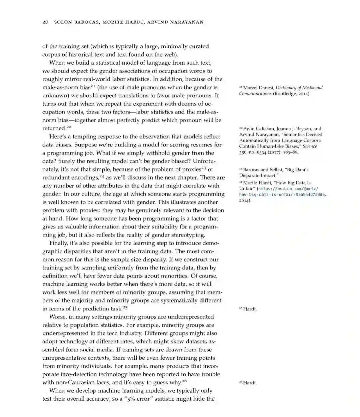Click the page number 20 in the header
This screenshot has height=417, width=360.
pyautogui.click(x=45, y=22)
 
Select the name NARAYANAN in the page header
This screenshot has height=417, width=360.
pyautogui.click(x=186, y=22)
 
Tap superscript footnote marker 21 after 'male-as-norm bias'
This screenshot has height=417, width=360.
pyautogui.click(x=94, y=86)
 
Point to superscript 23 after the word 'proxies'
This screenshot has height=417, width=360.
pyautogui.click(x=203, y=168)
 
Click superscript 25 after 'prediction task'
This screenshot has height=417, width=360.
pyautogui.click(x=125, y=307)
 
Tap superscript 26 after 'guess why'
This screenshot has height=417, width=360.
pyautogui.click(x=184, y=381)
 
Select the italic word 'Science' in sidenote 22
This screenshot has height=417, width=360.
pyautogui.click(x=310, y=146)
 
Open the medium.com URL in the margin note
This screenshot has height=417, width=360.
pyautogui.click(x=282, y=192)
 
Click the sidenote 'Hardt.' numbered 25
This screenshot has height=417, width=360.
pyautogui.click(x=250, y=309)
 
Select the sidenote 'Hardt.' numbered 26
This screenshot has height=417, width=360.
pyautogui.click(x=250, y=383)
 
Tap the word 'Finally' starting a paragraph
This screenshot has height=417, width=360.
pyautogui.click(x=58, y=243)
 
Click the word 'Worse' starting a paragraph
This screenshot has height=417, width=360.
pyautogui.click(x=57, y=317)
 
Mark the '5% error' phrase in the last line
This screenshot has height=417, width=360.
pyautogui.click(x=138, y=399)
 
